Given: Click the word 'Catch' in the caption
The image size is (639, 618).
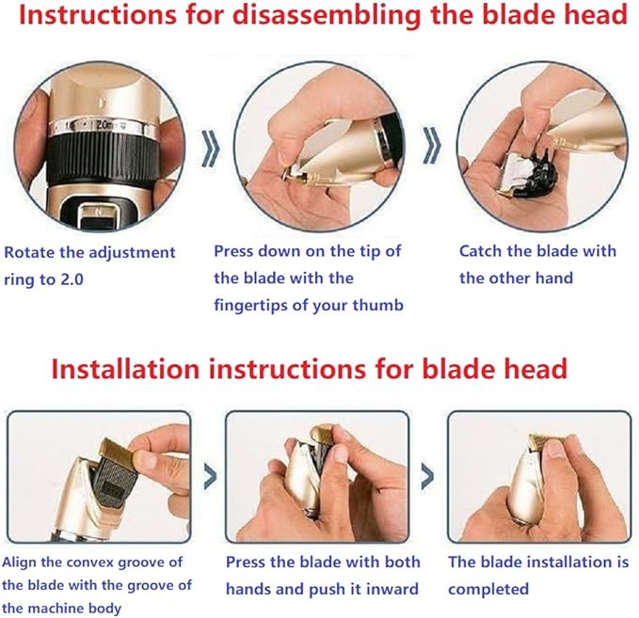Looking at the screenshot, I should (x=481, y=251).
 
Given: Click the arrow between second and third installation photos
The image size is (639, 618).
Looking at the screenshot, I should (x=428, y=473).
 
